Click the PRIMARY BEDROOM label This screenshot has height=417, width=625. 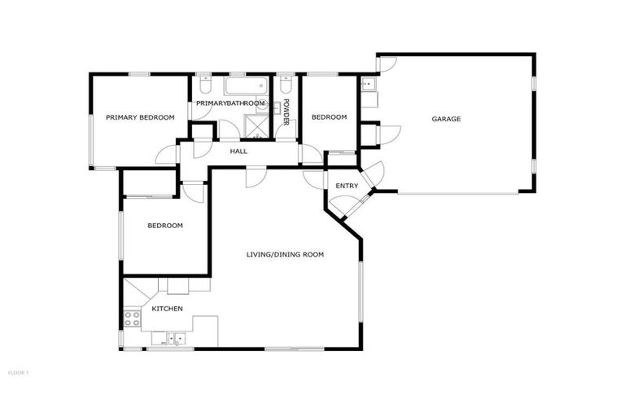(x=140, y=117)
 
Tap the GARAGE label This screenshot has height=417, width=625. (x=446, y=119)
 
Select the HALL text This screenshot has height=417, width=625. (x=238, y=151)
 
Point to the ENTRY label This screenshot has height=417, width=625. (x=347, y=186)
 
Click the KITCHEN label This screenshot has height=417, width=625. (x=168, y=309)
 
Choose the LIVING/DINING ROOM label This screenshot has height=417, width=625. (x=285, y=255)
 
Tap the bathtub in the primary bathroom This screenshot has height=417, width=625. (x=242, y=86)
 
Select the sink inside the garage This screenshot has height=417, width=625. (x=368, y=85)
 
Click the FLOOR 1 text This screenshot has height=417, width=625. (x=18, y=372)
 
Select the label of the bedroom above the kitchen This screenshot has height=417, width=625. (x=164, y=226)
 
